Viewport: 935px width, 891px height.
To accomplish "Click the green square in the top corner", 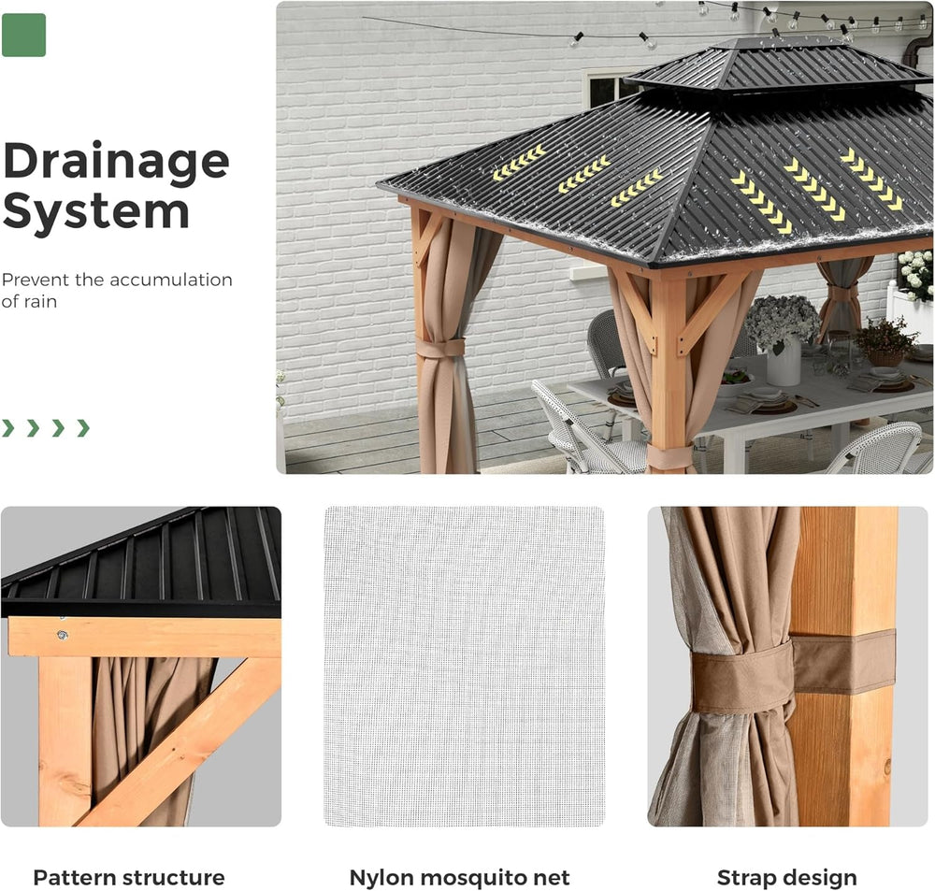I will coord(23,35).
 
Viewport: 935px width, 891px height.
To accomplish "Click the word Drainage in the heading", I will coord(116,163).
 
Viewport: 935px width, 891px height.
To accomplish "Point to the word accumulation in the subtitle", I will coord(171,280).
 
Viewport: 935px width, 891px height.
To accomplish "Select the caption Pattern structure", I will coord(129,877).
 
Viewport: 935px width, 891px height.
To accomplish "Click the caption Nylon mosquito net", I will coord(459,877).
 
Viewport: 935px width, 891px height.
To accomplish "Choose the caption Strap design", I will coord(786,877).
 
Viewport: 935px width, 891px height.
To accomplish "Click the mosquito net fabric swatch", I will coord(464,666).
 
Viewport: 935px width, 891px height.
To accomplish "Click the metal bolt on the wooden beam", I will coord(63,636).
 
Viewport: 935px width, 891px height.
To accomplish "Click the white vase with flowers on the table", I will coord(784,360).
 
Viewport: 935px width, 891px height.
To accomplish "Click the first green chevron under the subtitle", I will coord(8,428).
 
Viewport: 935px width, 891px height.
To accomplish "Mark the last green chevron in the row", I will coord(83,428).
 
